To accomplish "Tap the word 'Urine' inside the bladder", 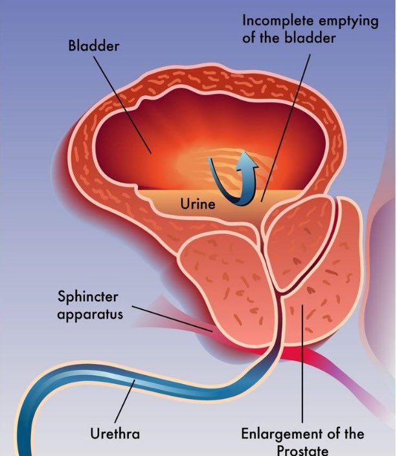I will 197,203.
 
